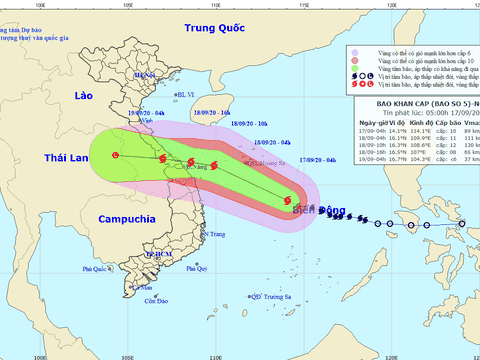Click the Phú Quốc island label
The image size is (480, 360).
click(97, 270)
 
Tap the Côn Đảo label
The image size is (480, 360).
click(154, 301)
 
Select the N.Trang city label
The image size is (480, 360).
click(211, 235)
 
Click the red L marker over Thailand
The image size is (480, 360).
click(115, 155)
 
